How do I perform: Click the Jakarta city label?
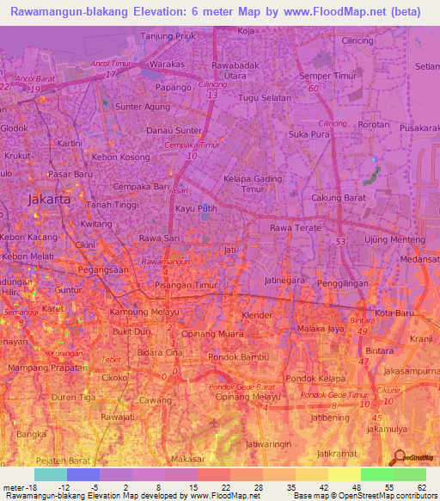49,199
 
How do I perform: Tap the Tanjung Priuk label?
168,36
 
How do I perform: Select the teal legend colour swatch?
51,474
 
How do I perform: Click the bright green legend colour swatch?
376,474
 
